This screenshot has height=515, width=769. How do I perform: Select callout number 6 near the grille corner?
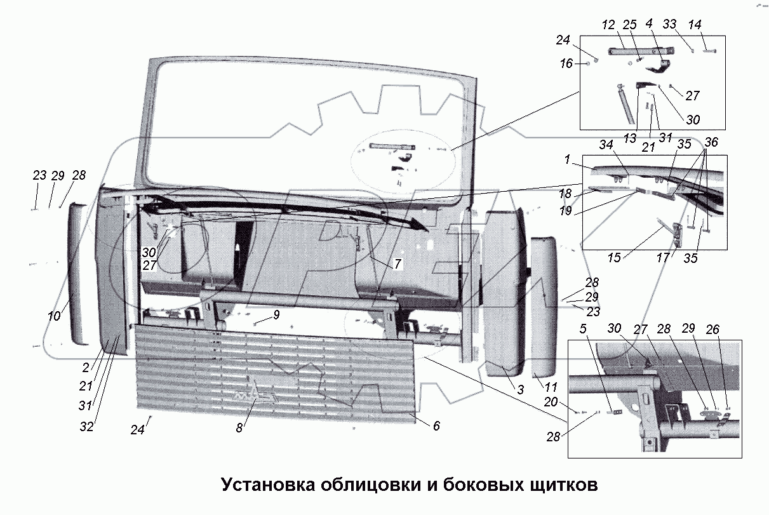tap(436, 426)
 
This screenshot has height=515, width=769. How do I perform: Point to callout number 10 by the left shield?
tap(55, 315)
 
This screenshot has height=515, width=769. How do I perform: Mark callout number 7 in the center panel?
tap(397, 264)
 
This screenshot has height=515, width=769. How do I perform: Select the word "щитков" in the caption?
tap(563, 485)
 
